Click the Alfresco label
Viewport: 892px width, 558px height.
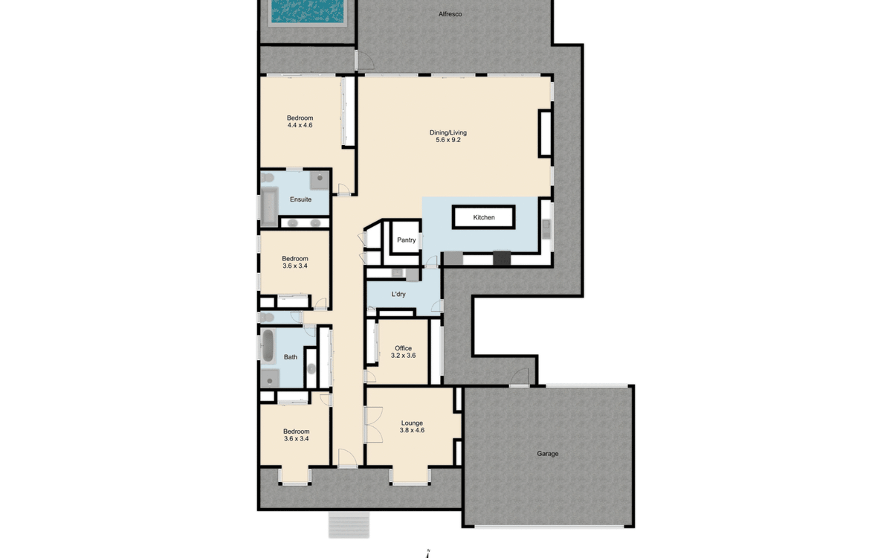[450, 13]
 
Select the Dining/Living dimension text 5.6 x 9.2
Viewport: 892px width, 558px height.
[448, 140]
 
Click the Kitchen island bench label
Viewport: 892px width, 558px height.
[484, 217]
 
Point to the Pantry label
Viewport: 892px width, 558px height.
[406, 240]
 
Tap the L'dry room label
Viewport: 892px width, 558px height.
[398, 294]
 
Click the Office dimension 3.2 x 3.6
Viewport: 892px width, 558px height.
[403, 356]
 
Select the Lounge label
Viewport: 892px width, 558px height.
[412, 423]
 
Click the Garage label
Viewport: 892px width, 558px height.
[548, 453]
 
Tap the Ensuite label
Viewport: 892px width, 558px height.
[300, 199]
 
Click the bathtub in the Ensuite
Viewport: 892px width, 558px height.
[268, 206]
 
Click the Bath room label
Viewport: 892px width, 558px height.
[290, 357]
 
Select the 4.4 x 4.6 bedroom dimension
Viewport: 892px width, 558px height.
[300, 126]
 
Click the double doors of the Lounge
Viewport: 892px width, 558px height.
[372, 426]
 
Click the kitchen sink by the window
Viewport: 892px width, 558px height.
[546, 226]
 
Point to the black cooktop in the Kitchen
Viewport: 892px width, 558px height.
[502, 258]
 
